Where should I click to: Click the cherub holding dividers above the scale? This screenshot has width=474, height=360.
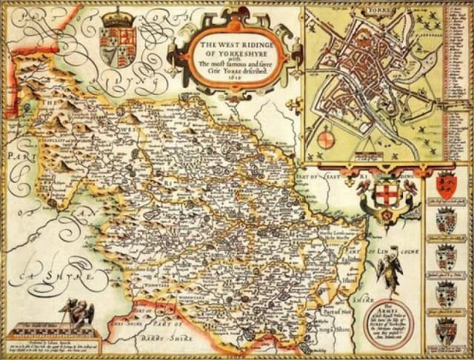(75, 309)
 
